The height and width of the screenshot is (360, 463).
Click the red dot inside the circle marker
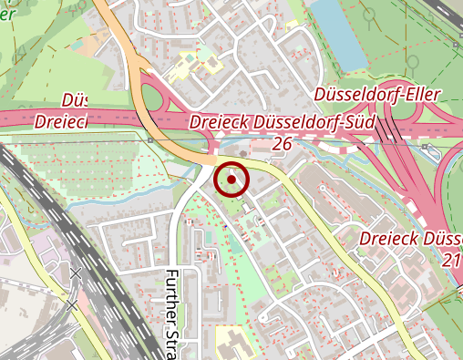231,180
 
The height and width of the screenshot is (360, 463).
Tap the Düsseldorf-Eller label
376,95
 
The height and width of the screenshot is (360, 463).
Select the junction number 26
282,144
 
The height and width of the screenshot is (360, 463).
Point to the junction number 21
452,260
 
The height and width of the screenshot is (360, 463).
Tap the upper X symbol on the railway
75,273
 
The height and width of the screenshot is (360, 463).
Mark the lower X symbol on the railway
72,305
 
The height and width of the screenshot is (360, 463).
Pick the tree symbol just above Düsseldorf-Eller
412,62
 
